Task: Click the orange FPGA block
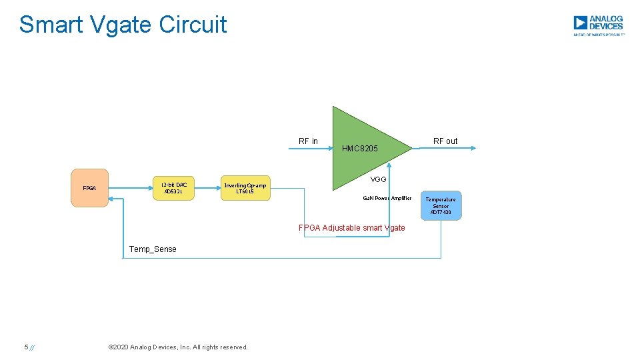(x=89, y=188)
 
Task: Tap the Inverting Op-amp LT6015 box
(x=245, y=188)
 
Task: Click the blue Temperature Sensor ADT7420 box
(x=441, y=206)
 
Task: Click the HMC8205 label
(x=360, y=148)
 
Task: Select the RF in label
(x=308, y=141)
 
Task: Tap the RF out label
(x=445, y=141)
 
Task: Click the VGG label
(x=379, y=179)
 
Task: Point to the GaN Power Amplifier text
(x=387, y=198)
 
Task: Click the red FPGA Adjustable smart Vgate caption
(x=351, y=227)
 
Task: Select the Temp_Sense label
(x=153, y=249)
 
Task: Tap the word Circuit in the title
(x=193, y=25)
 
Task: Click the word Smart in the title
(x=51, y=25)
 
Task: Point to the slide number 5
(x=26, y=347)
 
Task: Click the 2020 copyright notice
(x=177, y=347)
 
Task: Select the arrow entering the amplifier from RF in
(x=311, y=149)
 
